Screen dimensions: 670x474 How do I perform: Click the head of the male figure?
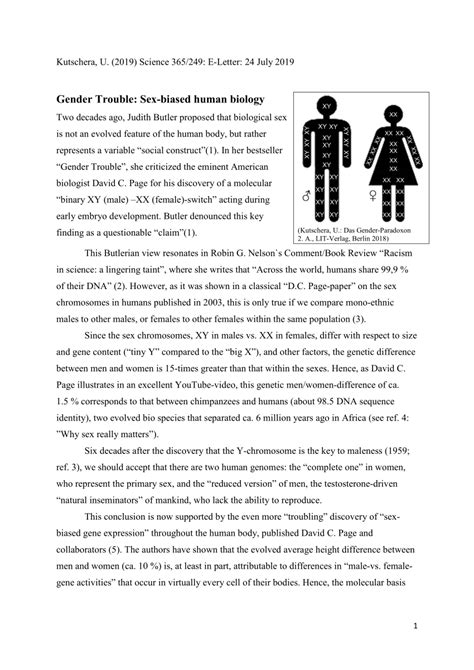pyautogui.click(x=325, y=105)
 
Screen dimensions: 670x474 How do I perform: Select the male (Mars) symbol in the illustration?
pyautogui.click(x=305, y=196)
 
